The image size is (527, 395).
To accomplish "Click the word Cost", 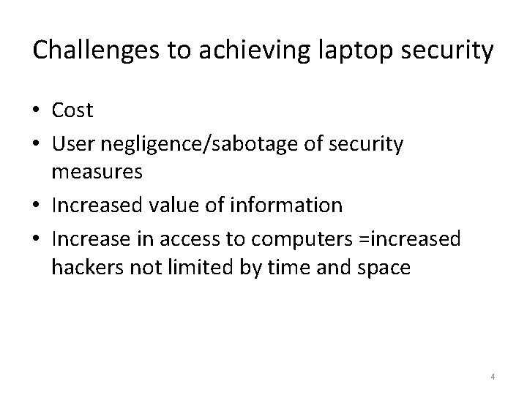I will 72,110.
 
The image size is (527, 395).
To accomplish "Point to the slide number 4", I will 493,377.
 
